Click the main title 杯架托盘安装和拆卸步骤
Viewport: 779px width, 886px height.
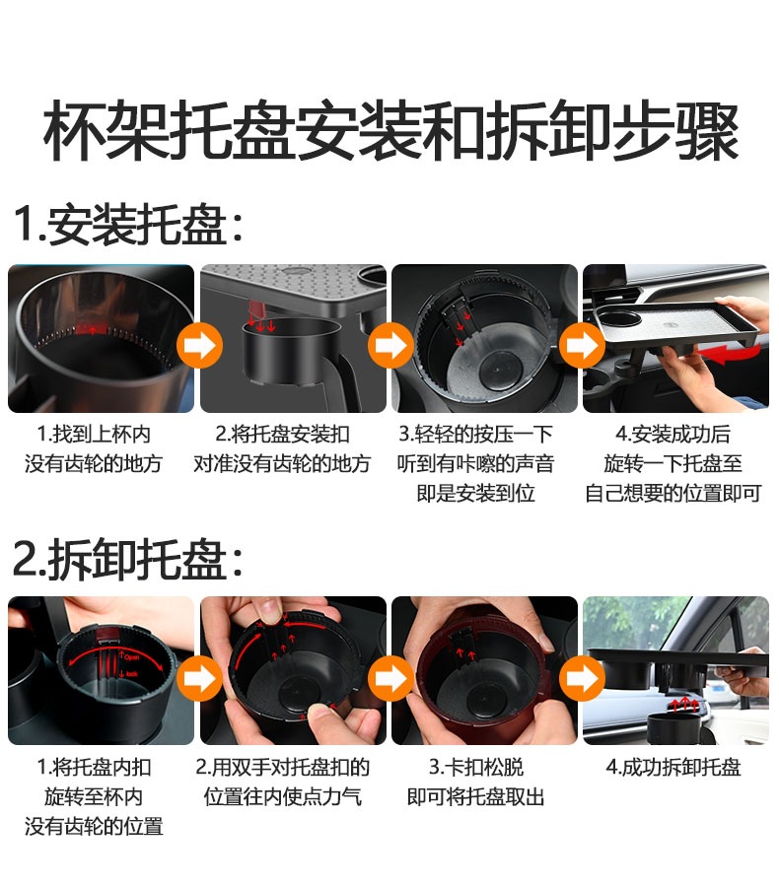click(389, 134)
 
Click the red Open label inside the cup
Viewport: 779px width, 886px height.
click(129, 654)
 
